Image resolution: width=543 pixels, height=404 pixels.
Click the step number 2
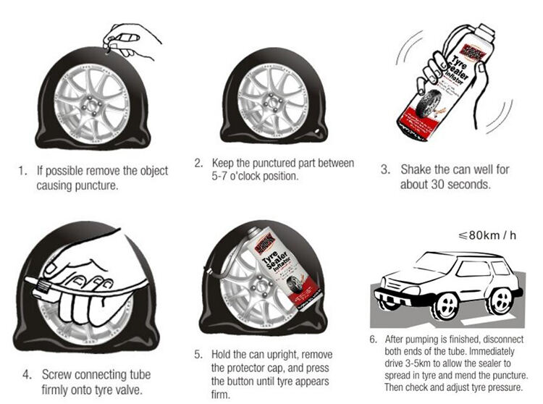(x=198, y=163)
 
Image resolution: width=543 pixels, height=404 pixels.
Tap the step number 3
(x=385, y=169)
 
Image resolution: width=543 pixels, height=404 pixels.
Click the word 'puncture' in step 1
(x=96, y=185)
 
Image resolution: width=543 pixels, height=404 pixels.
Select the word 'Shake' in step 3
(x=416, y=169)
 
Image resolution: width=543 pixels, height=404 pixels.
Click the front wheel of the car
(x=445, y=304)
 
